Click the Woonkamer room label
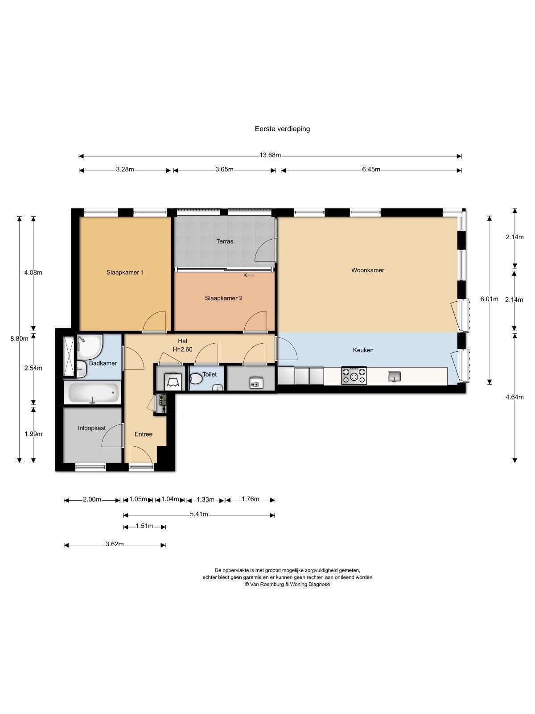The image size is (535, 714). pos(367,270)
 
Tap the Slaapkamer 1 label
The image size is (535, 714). pos(125,272)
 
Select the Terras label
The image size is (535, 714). pos(225,241)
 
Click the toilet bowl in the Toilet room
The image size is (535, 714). pos(195,378)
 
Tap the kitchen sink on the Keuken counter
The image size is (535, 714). pos(395,377)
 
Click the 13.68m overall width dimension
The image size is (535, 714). pos(270,155)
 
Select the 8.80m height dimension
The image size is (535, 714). pos(19,338)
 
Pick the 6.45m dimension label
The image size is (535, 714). pos(371,170)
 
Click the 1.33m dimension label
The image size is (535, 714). pos(205,500)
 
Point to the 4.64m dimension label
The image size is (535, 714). pos(514,397)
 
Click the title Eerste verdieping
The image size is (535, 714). pos(282,129)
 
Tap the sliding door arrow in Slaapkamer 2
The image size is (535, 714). pos(249,275)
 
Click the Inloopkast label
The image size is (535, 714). pos(91,428)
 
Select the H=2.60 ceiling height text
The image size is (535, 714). pos(182,350)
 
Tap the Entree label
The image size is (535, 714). pos(143,434)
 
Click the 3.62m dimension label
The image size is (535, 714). pos(114,544)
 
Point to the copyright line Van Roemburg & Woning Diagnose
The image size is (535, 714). pos(287,584)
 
